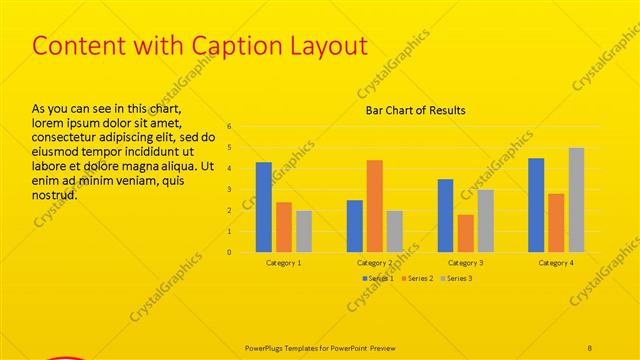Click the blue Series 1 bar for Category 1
pos(264,207)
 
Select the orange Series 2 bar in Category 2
pos(374,206)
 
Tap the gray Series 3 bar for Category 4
pos(576,200)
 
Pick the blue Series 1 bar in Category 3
pos(446,216)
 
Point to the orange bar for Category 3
pos(466,233)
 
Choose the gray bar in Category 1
pos(304,231)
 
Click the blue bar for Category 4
pos(536,205)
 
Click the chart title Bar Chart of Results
pos(415,110)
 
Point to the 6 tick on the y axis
pos(229,127)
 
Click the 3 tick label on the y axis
pos(229,190)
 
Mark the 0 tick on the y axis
pos(229,252)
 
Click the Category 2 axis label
pos(374,262)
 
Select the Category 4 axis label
pos(556,262)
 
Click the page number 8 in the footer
pos(590,348)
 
